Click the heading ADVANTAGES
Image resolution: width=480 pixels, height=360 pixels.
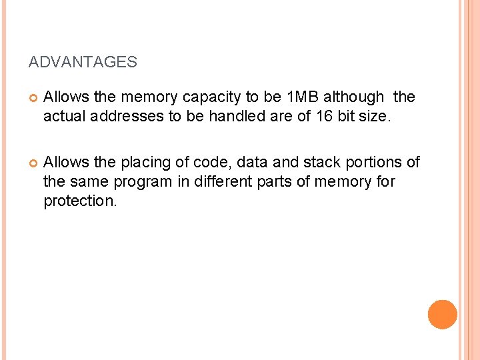pyautogui.click(x=83, y=63)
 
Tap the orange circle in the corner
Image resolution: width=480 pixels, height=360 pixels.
pyautogui.click(x=443, y=314)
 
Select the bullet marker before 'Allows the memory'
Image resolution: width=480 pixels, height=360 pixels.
pyautogui.click(x=33, y=98)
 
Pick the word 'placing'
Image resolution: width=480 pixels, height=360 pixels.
pyautogui.click(x=143, y=163)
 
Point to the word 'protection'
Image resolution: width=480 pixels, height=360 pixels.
pyautogui.click(x=79, y=201)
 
